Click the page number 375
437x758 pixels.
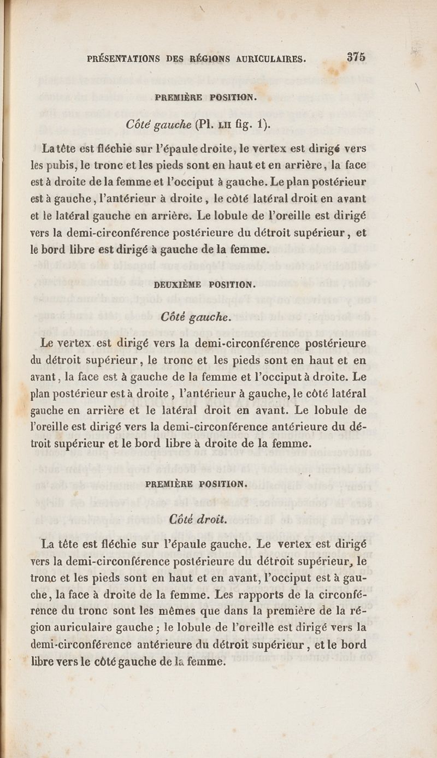[355, 57]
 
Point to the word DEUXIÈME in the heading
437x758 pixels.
[178, 284]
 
